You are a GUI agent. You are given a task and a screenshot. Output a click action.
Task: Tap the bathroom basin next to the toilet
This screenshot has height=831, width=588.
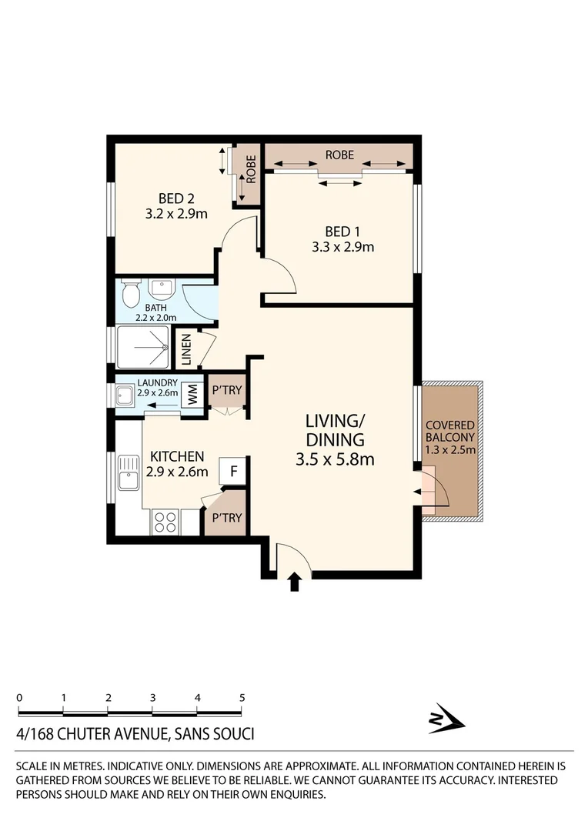click(162, 290)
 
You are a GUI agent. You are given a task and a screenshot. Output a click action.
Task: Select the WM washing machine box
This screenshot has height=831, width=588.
click(192, 396)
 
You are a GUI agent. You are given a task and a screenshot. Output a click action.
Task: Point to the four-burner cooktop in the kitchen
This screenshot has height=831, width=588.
click(165, 522)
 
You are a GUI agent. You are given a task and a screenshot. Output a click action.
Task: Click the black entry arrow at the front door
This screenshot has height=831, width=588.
click(293, 582)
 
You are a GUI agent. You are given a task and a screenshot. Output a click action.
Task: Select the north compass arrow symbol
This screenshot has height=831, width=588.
click(446, 719)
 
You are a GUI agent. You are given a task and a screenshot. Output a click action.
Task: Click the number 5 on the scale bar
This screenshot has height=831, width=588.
click(242, 697)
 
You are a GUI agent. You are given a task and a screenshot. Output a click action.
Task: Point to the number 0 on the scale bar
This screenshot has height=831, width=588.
click(19, 697)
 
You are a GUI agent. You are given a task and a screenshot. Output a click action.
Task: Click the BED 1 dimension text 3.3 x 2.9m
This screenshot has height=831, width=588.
click(342, 247)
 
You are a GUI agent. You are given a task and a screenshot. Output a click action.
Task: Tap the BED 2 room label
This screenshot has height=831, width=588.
click(175, 197)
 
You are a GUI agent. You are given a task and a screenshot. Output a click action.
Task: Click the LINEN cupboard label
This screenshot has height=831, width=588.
click(186, 349)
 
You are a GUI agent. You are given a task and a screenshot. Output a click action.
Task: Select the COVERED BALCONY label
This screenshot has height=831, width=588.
click(450, 432)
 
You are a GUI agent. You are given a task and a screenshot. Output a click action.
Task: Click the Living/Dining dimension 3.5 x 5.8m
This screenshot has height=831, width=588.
click(334, 460)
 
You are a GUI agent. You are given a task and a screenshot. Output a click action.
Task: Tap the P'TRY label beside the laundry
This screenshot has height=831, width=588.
click(226, 390)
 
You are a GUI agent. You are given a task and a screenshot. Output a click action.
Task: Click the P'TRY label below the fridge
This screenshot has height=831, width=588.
click(226, 518)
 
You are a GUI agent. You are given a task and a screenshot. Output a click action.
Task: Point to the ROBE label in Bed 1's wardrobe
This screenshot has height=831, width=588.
click(339, 155)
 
